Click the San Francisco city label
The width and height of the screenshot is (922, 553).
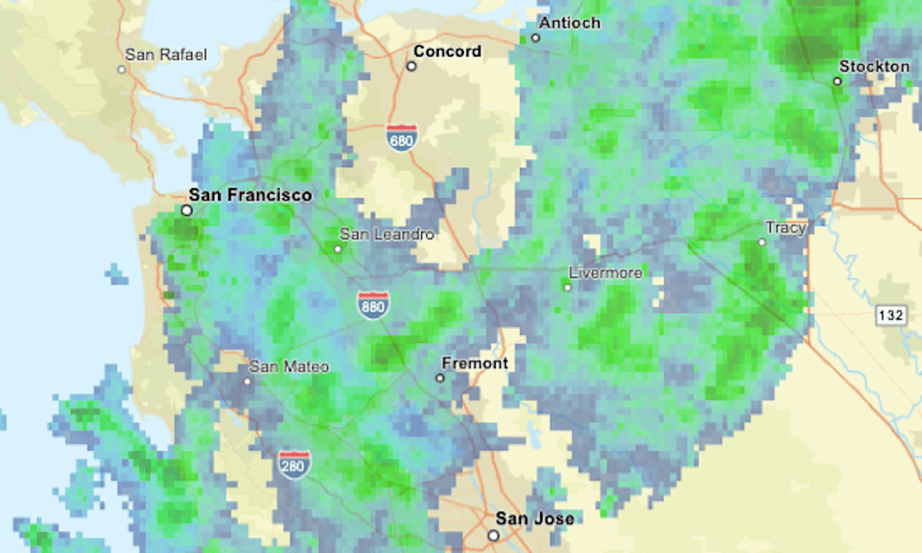tap(250, 195)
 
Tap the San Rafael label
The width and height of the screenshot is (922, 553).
tap(166, 55)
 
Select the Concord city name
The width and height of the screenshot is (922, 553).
tap(447, 51)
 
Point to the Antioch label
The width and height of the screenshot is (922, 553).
tap(570, 23)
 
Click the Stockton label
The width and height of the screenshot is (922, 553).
tap(874, 67)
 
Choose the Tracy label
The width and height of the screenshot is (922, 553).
tap(785, 228)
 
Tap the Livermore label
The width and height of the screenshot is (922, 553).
tap(607, 272)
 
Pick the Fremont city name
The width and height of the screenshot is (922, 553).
tap(475, 364)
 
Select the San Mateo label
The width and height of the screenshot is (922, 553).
tap(289, 367)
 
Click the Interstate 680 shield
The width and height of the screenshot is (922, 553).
tap(401, 138)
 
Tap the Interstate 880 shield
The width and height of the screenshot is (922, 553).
tap(372, 304)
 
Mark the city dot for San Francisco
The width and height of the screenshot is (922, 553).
tap(187, 210)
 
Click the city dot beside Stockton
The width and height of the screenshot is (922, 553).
tap(837, 81)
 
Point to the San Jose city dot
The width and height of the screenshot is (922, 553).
tap(493, 534)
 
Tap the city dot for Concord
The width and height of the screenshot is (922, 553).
tap(411, 66)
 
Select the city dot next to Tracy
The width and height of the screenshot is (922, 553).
tap(762, 242)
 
